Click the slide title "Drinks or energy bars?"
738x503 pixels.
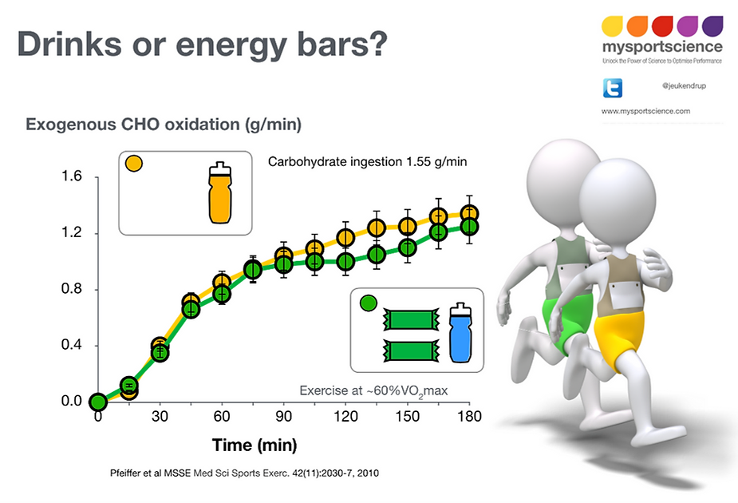[x=203, y=44]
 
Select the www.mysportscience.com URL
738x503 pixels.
[x=645, y=111]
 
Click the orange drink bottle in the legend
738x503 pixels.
[x=219, y=194]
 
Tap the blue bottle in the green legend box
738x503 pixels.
[x=460, y=336]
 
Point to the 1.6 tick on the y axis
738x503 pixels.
[x=72, y=177]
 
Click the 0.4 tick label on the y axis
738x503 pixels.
[x=72, y=346]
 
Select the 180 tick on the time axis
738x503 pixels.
[x=470, y=416]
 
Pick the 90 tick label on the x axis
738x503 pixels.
[x=284, y=416]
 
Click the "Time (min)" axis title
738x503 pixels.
[x=255, y=445]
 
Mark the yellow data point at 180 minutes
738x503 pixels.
[x=470, y=214]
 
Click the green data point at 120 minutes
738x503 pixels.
[x=345, y=261]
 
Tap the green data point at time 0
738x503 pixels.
[x=97, y=402]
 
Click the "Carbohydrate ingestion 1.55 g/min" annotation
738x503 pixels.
[x=367, y=161]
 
